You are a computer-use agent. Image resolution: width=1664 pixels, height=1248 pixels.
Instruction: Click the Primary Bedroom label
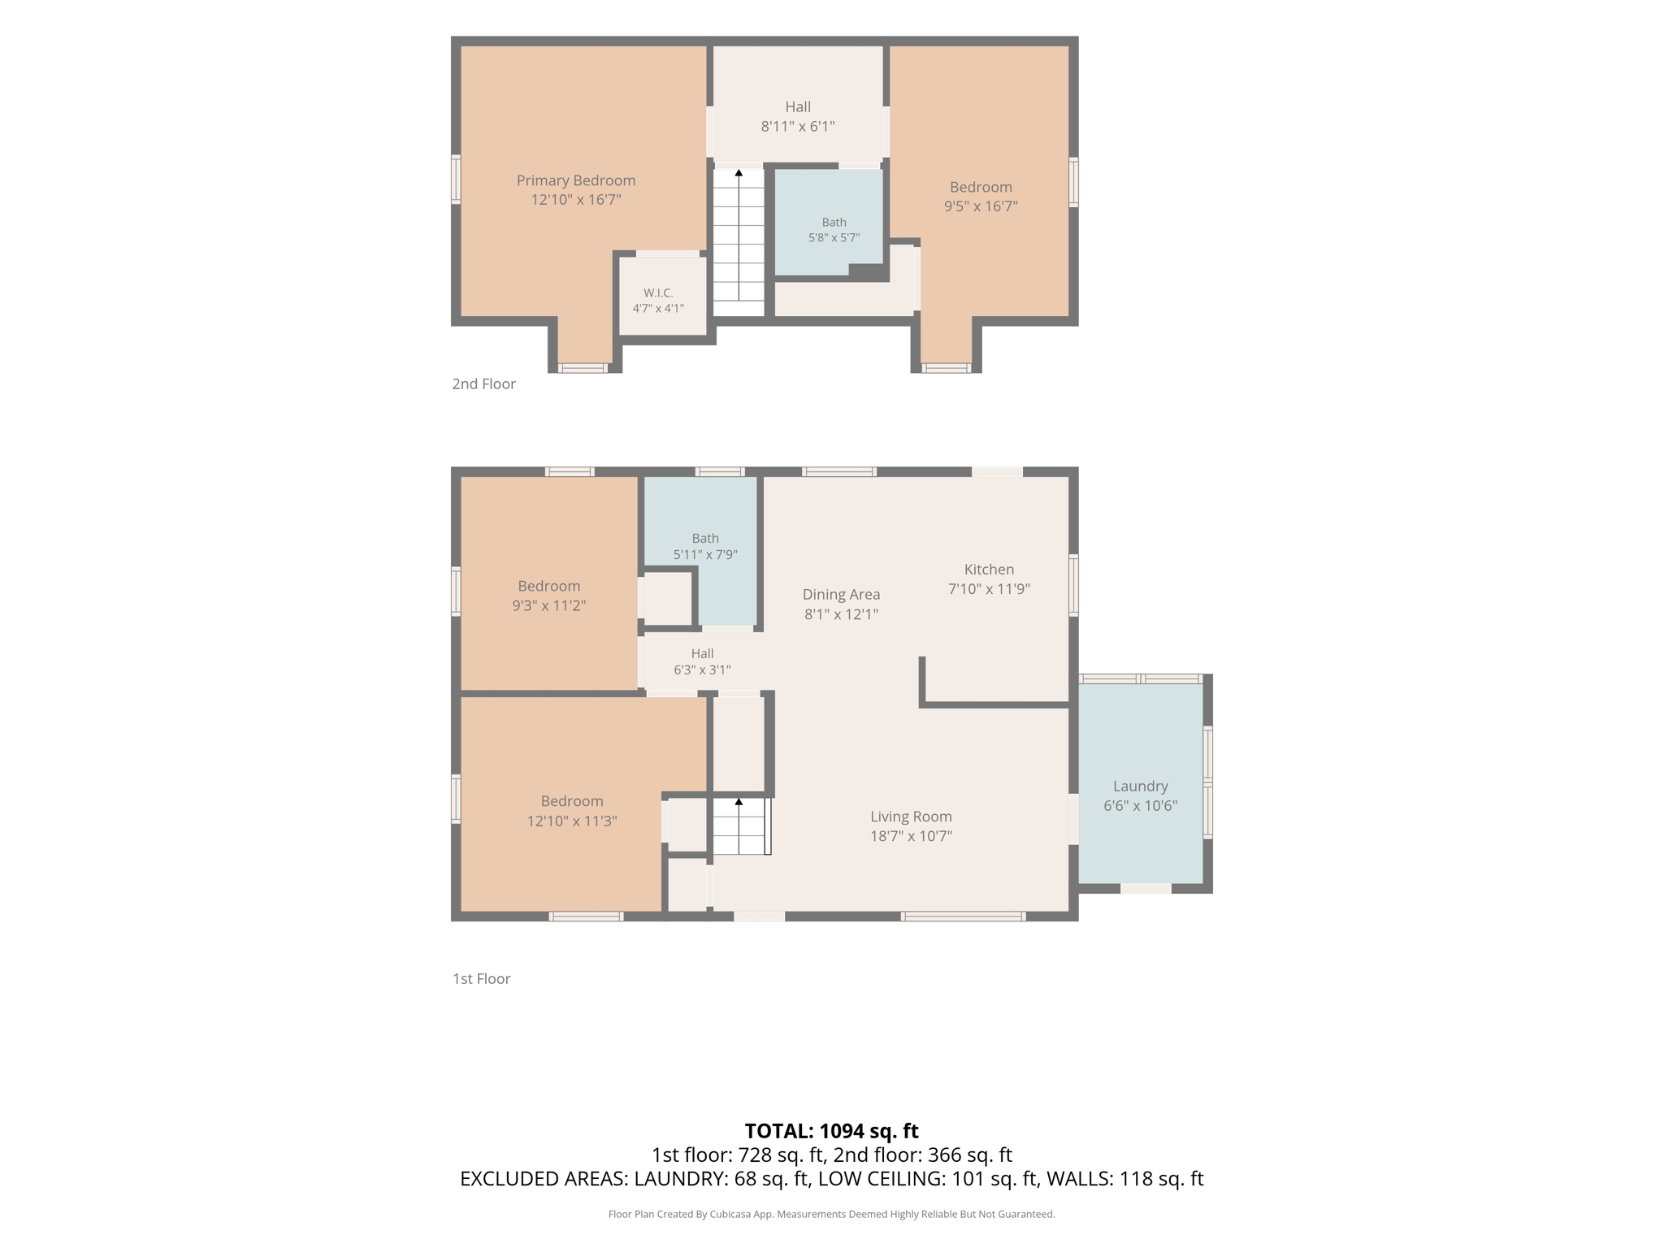[576, 180]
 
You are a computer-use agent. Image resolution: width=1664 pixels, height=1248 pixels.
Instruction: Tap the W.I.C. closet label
[658, 293]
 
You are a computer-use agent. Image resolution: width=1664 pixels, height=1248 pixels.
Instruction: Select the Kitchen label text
[989, 570]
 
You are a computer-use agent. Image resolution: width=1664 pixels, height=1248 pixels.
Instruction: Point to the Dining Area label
[841, 595]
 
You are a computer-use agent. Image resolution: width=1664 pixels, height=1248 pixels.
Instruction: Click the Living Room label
[911, 817]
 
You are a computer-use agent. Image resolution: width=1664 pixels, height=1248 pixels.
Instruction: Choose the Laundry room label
[1140, 786]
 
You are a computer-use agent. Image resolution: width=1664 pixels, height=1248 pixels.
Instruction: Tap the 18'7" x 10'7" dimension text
[911, 836]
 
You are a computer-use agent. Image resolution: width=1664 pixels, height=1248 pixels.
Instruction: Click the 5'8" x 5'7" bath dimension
[834, 238]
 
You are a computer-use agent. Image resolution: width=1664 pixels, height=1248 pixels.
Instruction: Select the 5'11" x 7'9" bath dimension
[705, 555]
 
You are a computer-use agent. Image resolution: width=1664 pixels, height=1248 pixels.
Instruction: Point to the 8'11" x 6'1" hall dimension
[798, 126]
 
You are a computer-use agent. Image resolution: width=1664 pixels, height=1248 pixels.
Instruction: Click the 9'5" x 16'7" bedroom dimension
[981, 206]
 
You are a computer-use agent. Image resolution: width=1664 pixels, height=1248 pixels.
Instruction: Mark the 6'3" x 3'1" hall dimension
[702, 670]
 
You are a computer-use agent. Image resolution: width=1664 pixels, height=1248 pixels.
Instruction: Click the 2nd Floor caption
[483, 383]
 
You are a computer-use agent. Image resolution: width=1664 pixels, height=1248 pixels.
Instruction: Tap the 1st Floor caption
[481, 978]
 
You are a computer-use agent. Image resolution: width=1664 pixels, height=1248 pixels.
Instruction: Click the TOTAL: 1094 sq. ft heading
[831, 1131]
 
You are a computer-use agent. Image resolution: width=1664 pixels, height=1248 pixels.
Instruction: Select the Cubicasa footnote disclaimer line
[831, 1214]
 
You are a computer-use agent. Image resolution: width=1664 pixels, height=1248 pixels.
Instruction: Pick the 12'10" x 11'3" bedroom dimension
[572, 821]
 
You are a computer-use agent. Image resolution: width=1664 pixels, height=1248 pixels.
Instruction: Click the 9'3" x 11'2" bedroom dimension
[548, 605]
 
